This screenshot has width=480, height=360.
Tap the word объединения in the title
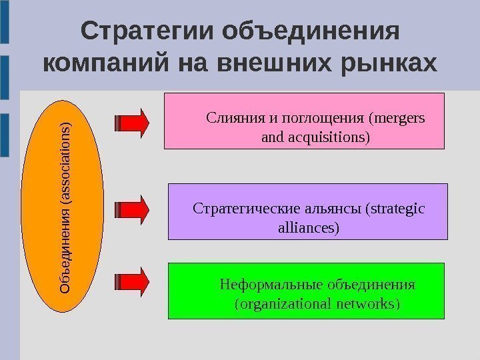click(x=313, y=31)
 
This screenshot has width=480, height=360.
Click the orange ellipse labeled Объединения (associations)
click(x=65, y=207)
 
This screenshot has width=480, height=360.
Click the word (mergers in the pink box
click(x=396, y=119)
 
